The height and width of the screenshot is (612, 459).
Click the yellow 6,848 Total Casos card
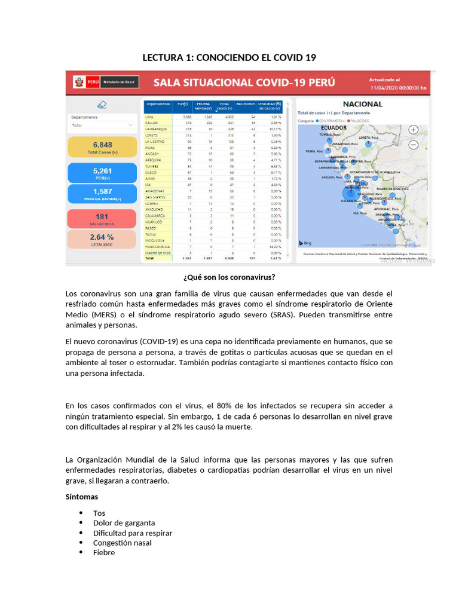coord(103,147)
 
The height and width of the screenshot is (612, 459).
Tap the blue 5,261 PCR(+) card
coord(103,173)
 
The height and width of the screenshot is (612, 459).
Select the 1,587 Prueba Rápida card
coord(103,194)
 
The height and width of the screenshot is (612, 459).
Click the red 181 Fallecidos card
coord(103,218)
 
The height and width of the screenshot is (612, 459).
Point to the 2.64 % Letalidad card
coord(103,238)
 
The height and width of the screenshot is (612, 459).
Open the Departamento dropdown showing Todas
coord(102,126)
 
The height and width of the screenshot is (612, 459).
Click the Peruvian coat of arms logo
coord(78,81)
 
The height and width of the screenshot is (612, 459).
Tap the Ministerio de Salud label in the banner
coord(120,81)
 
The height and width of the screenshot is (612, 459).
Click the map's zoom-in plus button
coord(413,130)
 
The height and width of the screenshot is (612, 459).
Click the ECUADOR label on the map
coord(333,127)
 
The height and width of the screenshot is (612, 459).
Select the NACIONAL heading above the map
coord(362,104)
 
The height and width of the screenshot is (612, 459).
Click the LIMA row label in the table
coord(151,117)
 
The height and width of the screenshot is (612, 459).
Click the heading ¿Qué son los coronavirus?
coord(229,277)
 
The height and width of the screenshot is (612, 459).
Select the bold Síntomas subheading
coord(82,497)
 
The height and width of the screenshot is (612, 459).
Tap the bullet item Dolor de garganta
coord(124,523)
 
